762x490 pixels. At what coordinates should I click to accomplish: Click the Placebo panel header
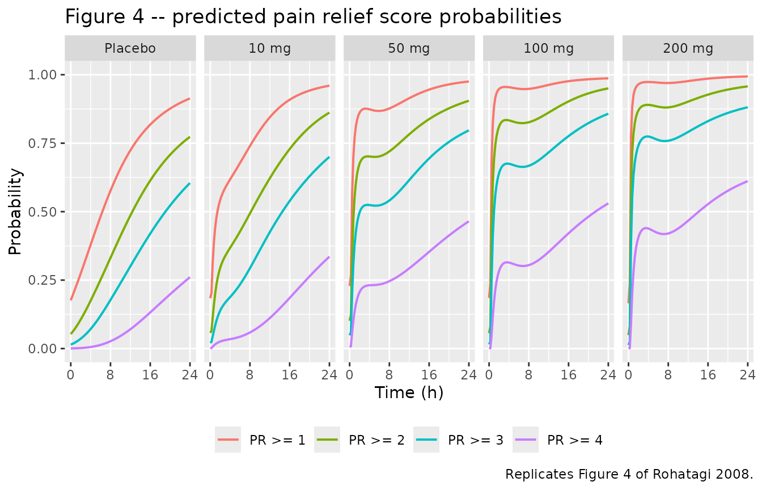coord(130,48)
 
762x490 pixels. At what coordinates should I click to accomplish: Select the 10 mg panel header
coord(270,48)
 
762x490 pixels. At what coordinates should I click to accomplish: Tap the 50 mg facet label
coord(409,48)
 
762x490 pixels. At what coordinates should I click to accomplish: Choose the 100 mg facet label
coord(548,48)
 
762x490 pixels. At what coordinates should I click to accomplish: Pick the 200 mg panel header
coord(688,48)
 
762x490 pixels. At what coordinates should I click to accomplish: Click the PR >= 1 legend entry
coord(261,440)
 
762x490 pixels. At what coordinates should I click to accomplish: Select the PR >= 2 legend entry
coord(361,440)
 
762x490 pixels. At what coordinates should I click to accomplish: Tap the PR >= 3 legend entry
coord(460,440)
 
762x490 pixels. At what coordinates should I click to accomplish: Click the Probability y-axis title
coord(15,212)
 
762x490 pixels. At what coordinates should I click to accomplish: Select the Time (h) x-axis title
coord(409,392)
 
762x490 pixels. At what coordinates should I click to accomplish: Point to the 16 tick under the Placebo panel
coord(150,375)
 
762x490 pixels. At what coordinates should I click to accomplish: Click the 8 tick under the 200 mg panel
coord(668,375)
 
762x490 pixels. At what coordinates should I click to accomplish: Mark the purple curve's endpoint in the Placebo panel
coord(190,277)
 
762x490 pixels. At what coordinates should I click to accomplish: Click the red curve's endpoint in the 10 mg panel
coord(329,86)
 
